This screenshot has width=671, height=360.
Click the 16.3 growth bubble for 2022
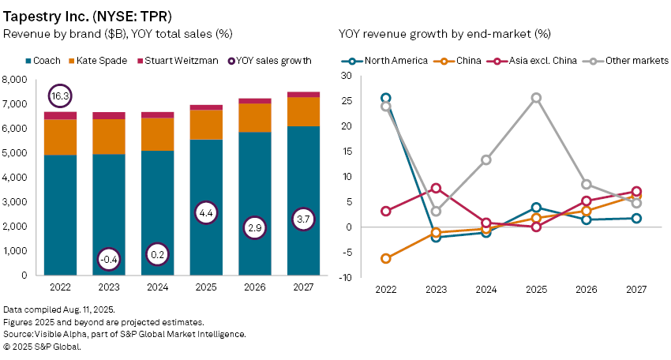coord(61,96)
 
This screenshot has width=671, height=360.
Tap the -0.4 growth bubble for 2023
coord(109,258)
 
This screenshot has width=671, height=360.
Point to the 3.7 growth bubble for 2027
coord(303,219)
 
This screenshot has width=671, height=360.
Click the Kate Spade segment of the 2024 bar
coord(158,133)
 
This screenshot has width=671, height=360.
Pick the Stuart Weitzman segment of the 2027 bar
coord(303,94)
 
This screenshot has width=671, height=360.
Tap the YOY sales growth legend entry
coord(270,61)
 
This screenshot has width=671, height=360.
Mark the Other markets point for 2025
coord(536,98)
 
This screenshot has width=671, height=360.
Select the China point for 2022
coord(385,258)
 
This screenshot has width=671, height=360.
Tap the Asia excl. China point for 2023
coord(436,188)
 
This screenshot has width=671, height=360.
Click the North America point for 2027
coord(636,218)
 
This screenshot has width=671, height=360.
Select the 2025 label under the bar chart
coord(206,288)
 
